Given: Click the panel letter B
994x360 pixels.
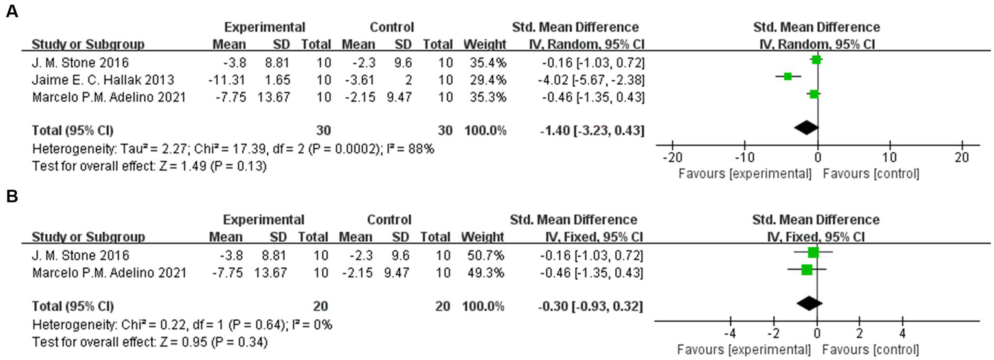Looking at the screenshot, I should pyautogui.click(x=11, y=197).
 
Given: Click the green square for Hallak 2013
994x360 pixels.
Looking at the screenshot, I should pyautogui.click(x=787, y=76).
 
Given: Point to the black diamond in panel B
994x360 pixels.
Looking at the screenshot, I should pyautogui.click(x=809, y=302).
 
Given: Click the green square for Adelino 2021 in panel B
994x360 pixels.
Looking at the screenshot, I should pyautogui.click(x=807, y=269).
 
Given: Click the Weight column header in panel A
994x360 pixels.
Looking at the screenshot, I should pyautogui.click(x=484, y=45).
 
